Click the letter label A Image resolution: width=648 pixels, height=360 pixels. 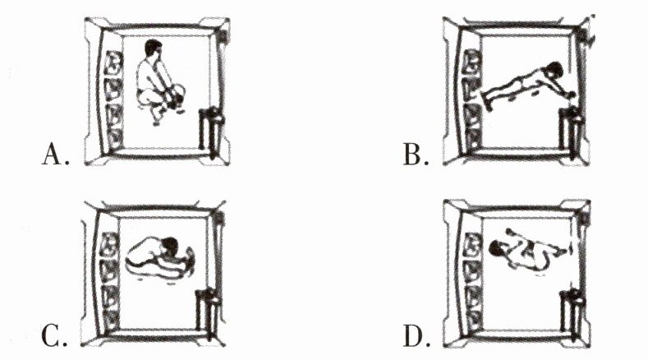53,153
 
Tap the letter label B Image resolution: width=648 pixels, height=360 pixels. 415,153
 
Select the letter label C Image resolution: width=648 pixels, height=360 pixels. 53,335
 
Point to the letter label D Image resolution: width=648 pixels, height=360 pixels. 415,335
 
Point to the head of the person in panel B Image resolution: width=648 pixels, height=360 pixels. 553,71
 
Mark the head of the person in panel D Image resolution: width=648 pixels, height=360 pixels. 497,247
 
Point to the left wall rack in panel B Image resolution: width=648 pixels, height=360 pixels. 472,98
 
